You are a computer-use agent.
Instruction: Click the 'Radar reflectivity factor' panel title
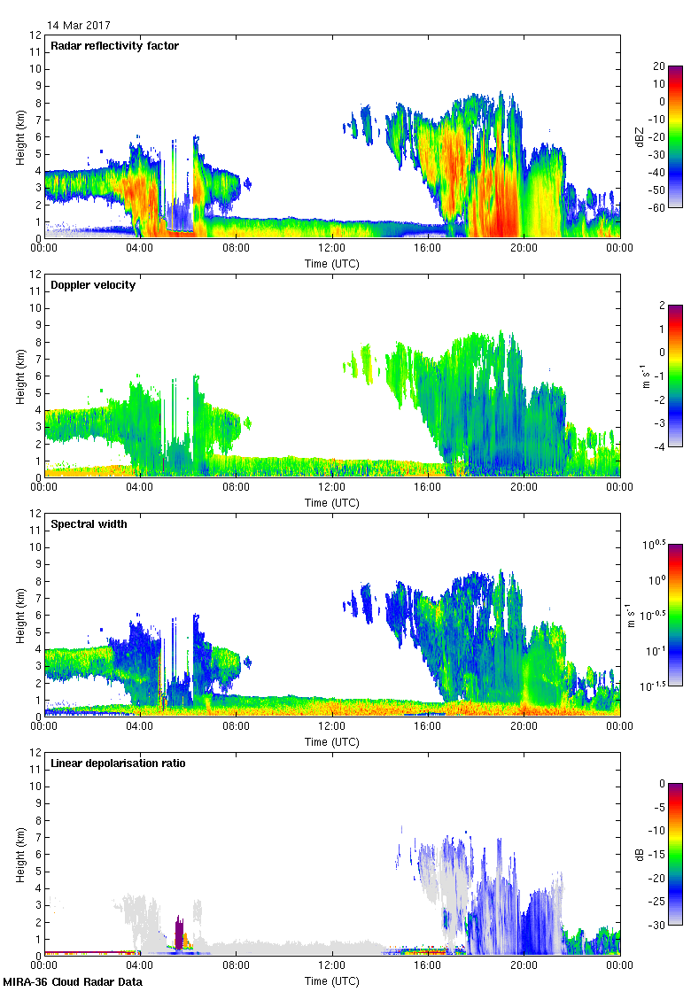(x=115, y=46)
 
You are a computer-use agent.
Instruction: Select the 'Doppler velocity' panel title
(x=93, y=285)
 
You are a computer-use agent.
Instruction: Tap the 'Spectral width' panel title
(x=89, y=524)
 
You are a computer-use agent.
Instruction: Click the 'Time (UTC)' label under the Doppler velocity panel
(x=332, y=502)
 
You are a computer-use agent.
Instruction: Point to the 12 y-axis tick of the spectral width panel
(x=35, y=514)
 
